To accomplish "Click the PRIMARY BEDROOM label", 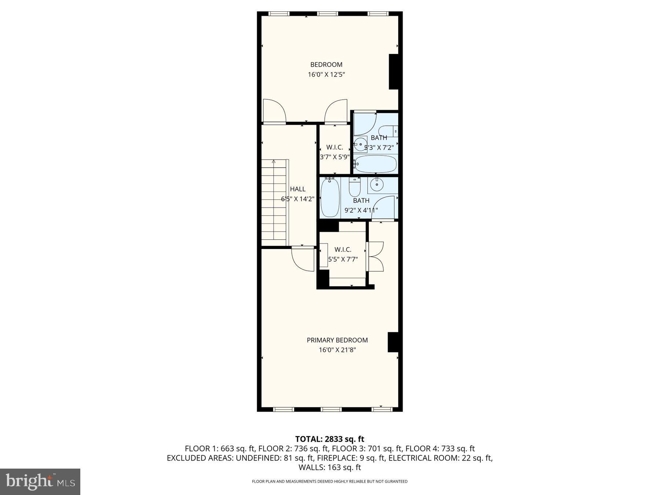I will coord(337,340).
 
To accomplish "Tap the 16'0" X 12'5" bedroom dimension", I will coord(326,75).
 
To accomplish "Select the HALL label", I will coord(297,189).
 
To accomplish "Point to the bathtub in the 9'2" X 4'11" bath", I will coord(330,198).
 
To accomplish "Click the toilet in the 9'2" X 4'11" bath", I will coord(355,187).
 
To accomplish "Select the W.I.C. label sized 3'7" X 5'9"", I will coord(334,147).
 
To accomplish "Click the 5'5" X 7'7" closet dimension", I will coord(343,259).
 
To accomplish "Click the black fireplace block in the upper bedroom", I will coord(393,71).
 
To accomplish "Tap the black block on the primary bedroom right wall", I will coord(393,342).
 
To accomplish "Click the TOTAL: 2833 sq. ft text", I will coord(330,439).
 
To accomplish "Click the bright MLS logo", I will coord(40,481).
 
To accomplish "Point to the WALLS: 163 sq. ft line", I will coord(330,467).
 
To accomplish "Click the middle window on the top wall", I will coord(327,14).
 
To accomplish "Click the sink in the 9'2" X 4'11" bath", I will coord(376,185).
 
